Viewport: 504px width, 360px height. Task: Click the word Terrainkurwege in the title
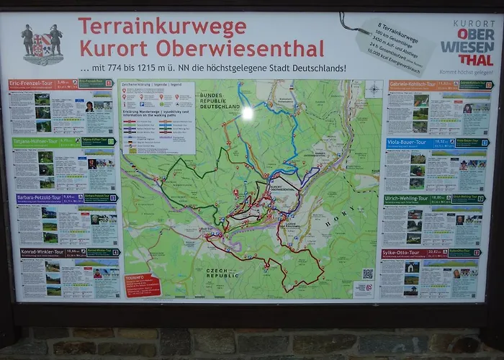pos(162,27)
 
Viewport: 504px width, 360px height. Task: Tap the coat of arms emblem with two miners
pos(42,43)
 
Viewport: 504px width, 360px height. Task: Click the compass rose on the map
pos(374,90)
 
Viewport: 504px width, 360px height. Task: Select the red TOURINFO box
pos(142,284)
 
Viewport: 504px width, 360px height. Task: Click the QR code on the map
pos(368,274)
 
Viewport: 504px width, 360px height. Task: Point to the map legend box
pos(158,117)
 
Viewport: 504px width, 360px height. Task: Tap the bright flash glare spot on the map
pos(248,113)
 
